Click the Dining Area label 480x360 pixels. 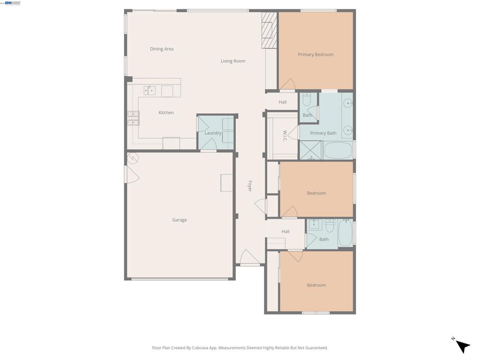(x=162, y=49)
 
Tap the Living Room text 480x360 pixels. (x=233, y=61)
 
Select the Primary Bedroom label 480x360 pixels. (x=315, y=54)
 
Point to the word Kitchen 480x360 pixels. (x=166, y=112)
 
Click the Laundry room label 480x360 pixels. (x=213, y=133)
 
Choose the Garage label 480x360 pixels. (x=179, y=220)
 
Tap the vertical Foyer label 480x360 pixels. (x=250, y=186)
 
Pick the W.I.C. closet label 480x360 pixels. (x=285, y=136)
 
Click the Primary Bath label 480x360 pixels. (x=323, y=133)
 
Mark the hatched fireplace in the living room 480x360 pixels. (x=269, y=30)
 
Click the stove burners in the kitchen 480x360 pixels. (x=133, y=118)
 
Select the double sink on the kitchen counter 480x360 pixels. (x=150, y=90)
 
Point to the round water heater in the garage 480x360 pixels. (x=133, y=158)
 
